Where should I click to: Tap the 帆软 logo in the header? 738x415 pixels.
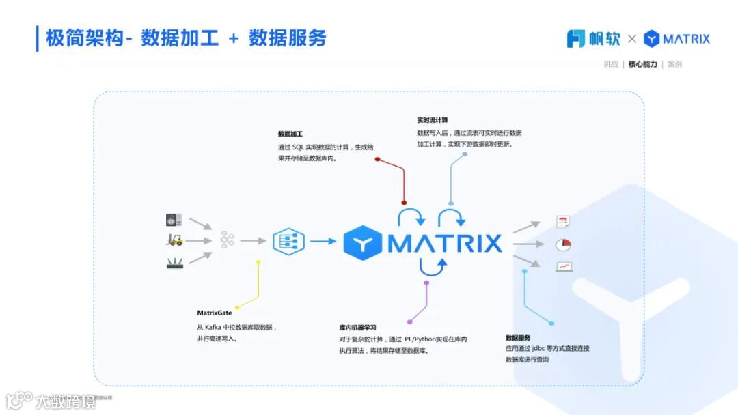pos(593,39)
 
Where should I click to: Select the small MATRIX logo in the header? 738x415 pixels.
pos(676,39)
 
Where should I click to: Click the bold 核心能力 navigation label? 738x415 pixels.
pos(642,64)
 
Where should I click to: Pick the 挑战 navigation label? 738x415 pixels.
pos(611,64)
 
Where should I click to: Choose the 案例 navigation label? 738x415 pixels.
pos(674,64)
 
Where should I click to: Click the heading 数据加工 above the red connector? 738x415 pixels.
pos(290,134)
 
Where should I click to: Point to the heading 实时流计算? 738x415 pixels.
pos(433,120)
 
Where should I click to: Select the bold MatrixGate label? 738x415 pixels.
pos(215,313)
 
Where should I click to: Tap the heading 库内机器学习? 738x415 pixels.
pos(357,328)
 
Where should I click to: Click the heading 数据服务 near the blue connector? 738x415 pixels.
pos(518,338)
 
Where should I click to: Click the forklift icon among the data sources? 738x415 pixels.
pos(175,240)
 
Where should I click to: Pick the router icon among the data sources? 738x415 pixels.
pos(175,263)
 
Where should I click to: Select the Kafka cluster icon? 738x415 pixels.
pos(227,240)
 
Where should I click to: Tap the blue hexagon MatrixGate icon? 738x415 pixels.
pos(288,241)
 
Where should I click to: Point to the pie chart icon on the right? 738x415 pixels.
pos(563,244)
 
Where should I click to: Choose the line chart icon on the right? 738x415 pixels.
pos(564,266)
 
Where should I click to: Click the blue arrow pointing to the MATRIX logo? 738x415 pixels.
pos(323,241)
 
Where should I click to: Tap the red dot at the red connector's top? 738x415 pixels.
pos(377,159)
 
